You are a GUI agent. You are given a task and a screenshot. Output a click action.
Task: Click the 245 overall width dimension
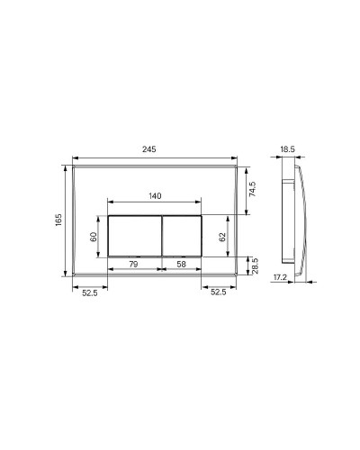[155, 148]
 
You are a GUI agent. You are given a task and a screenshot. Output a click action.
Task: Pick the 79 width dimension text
[132, 264]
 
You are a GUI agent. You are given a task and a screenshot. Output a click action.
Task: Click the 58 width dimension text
[183, 264]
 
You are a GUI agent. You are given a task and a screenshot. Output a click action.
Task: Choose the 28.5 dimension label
[256, 266]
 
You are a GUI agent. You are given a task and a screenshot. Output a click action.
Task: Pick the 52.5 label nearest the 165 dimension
[89, 292]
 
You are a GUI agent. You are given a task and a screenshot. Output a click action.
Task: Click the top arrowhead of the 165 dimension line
[67, 167]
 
